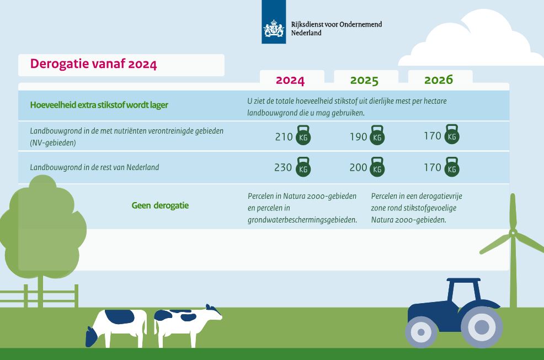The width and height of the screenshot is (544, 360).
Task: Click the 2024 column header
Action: click(290, 80)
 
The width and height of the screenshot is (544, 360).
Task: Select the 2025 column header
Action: click(364, 80)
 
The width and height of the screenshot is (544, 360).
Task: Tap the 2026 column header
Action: click(439, 80)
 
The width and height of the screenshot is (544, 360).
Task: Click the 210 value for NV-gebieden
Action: click(284, 137)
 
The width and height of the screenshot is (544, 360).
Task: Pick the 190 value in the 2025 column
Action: click(359, 137)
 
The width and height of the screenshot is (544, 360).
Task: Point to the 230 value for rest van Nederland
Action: click(283, 167)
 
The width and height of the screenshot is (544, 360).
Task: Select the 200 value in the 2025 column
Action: click(359, 167)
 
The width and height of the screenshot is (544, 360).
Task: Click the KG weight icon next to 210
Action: click(303, 135)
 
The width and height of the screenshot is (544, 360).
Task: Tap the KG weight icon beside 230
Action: click(303, 167)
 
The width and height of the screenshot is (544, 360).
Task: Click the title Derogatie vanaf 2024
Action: click(94, 64)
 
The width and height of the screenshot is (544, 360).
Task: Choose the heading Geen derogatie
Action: click(160, 205)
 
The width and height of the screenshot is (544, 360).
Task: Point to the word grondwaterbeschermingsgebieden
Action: click(302, 220)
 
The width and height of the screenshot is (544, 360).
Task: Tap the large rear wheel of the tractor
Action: click(481, 327)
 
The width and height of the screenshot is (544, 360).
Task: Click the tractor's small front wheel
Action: click(421, 332)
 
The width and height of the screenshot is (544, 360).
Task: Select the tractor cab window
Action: click(464, 293)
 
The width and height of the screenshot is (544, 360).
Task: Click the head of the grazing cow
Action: click(92, 336)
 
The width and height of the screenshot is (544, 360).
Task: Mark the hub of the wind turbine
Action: click(513, 232)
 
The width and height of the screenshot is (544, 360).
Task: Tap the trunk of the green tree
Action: click(41, 291)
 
